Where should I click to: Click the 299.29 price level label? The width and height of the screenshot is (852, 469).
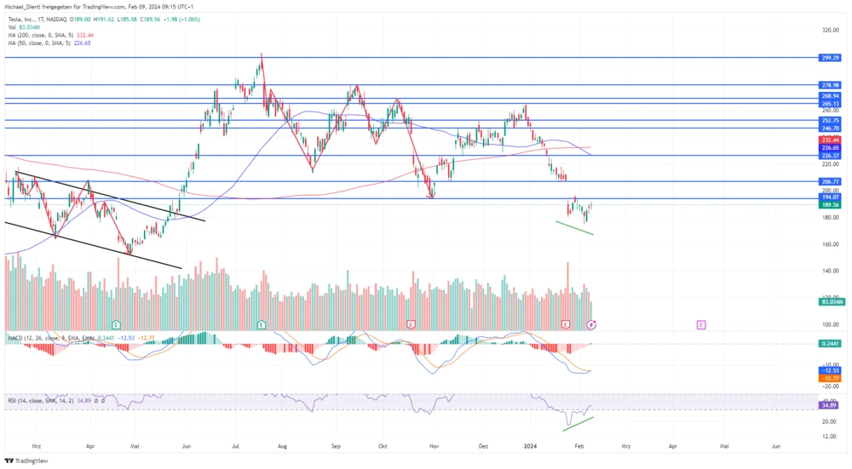[830, 58]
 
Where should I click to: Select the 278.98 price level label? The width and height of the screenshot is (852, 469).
[830, 85]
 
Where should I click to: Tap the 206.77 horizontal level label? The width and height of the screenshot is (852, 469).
[830, 181]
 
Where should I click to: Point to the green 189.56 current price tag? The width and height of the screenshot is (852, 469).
[830, 204]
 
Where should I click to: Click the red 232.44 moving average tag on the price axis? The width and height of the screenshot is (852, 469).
[830, 139]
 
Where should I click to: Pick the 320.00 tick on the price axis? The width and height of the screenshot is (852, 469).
[830, 30]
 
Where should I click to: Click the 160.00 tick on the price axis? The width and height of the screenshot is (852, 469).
[830, 244]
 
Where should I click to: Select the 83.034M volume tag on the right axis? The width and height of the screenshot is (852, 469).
[831, 301]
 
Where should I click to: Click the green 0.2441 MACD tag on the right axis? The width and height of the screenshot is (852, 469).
[830, 343]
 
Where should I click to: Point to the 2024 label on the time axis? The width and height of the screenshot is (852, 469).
[530, 445]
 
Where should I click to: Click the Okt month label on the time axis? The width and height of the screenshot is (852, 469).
[383, 445]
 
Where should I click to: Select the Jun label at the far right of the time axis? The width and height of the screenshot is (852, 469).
[776, 445]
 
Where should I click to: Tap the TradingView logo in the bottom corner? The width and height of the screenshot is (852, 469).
[27, 460]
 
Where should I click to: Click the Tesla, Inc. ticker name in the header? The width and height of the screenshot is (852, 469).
[24, 17]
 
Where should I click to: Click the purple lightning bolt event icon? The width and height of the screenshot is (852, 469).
[592, 324]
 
